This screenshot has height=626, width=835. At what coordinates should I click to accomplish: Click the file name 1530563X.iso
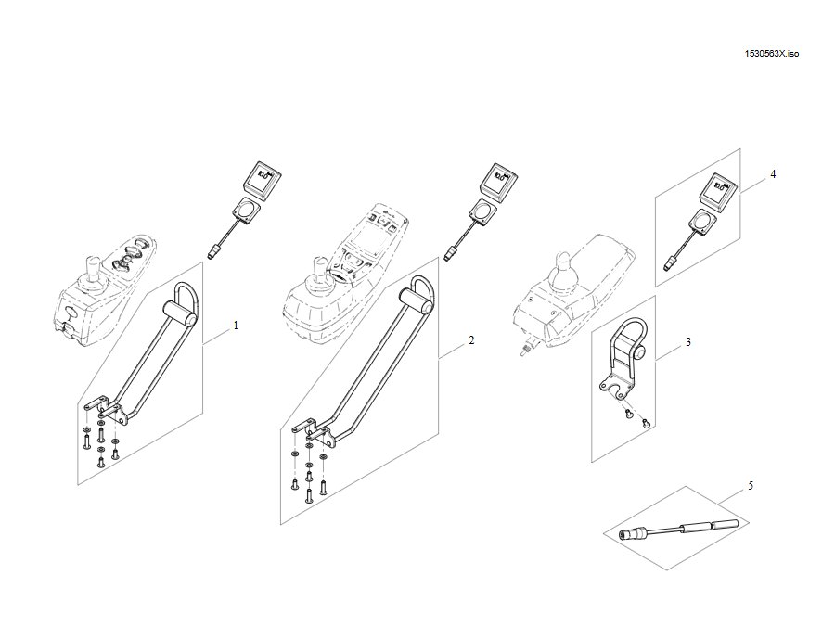772,54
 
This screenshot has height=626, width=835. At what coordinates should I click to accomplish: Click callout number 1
236,326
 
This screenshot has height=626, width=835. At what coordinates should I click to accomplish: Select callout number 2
471,340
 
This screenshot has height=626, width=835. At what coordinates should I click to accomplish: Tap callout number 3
688,341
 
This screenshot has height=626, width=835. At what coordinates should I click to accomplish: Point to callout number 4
773,174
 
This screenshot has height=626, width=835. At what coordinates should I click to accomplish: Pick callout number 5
751,485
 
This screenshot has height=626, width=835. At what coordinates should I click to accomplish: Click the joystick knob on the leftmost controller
93,266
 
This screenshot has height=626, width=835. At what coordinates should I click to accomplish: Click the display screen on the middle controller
366,237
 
